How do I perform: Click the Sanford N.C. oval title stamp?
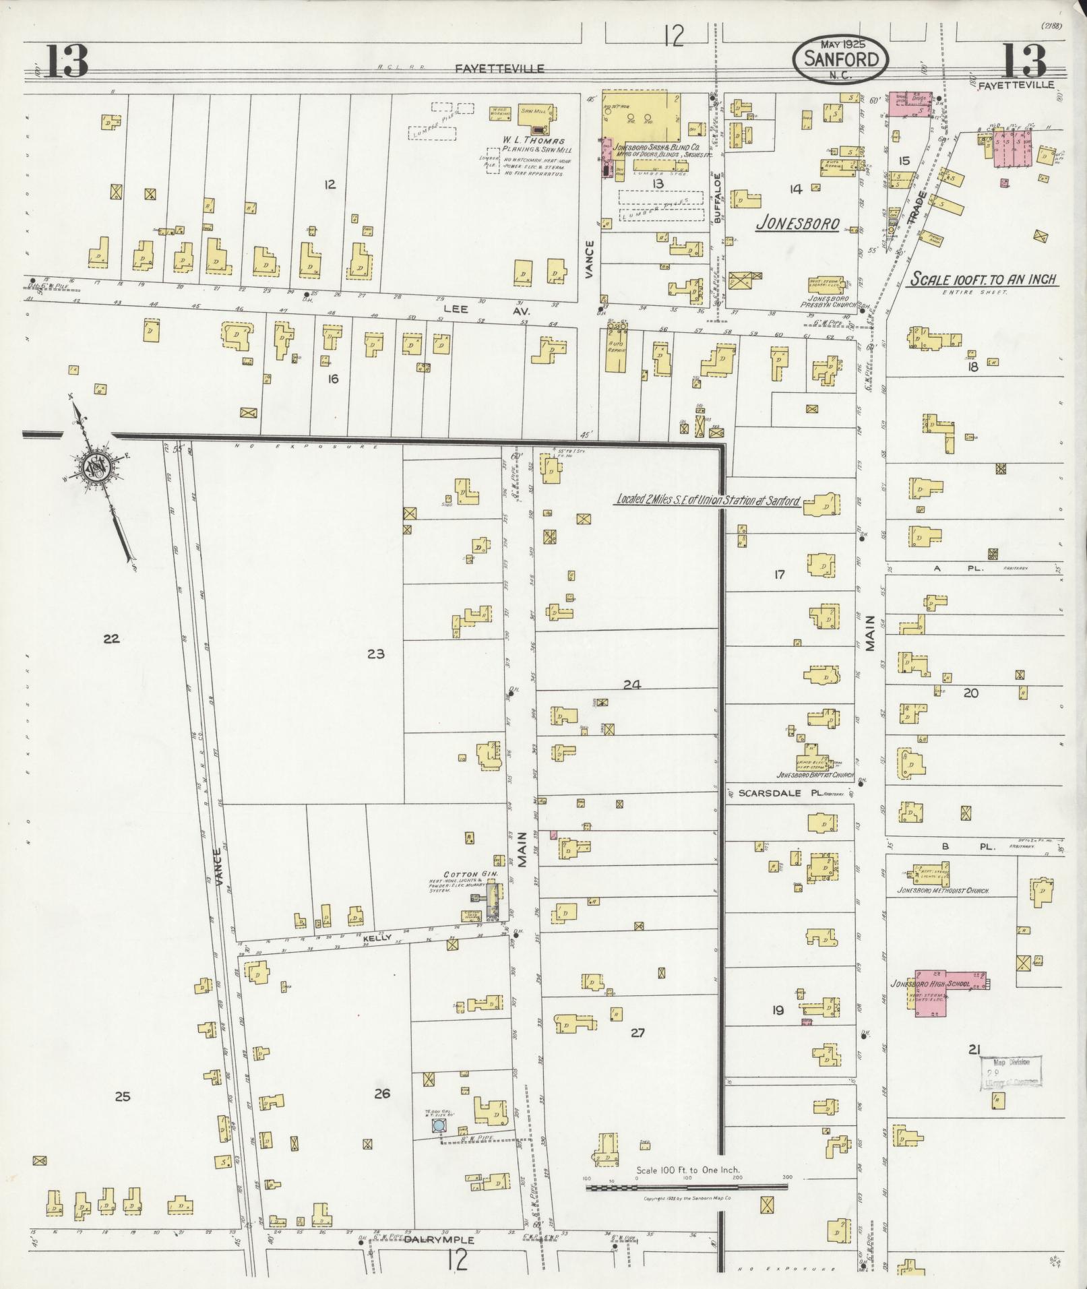(x=840, y=59)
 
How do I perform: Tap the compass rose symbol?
(x=94, y=466)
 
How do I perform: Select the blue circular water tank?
(x=439, y=1125)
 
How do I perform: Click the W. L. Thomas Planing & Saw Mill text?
(x=532, y=145)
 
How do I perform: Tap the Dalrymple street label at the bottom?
(x=439, y=1240)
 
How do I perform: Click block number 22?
(x=111, y=639)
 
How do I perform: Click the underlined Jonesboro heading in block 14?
(x=797, y=224)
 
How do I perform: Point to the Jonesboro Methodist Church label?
(x=943, y=891)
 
